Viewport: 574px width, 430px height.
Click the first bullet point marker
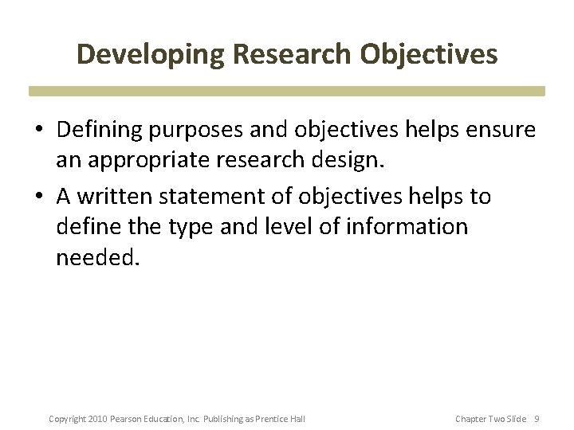39,129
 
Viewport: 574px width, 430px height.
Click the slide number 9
537,419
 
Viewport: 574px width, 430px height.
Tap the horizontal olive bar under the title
287,91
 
